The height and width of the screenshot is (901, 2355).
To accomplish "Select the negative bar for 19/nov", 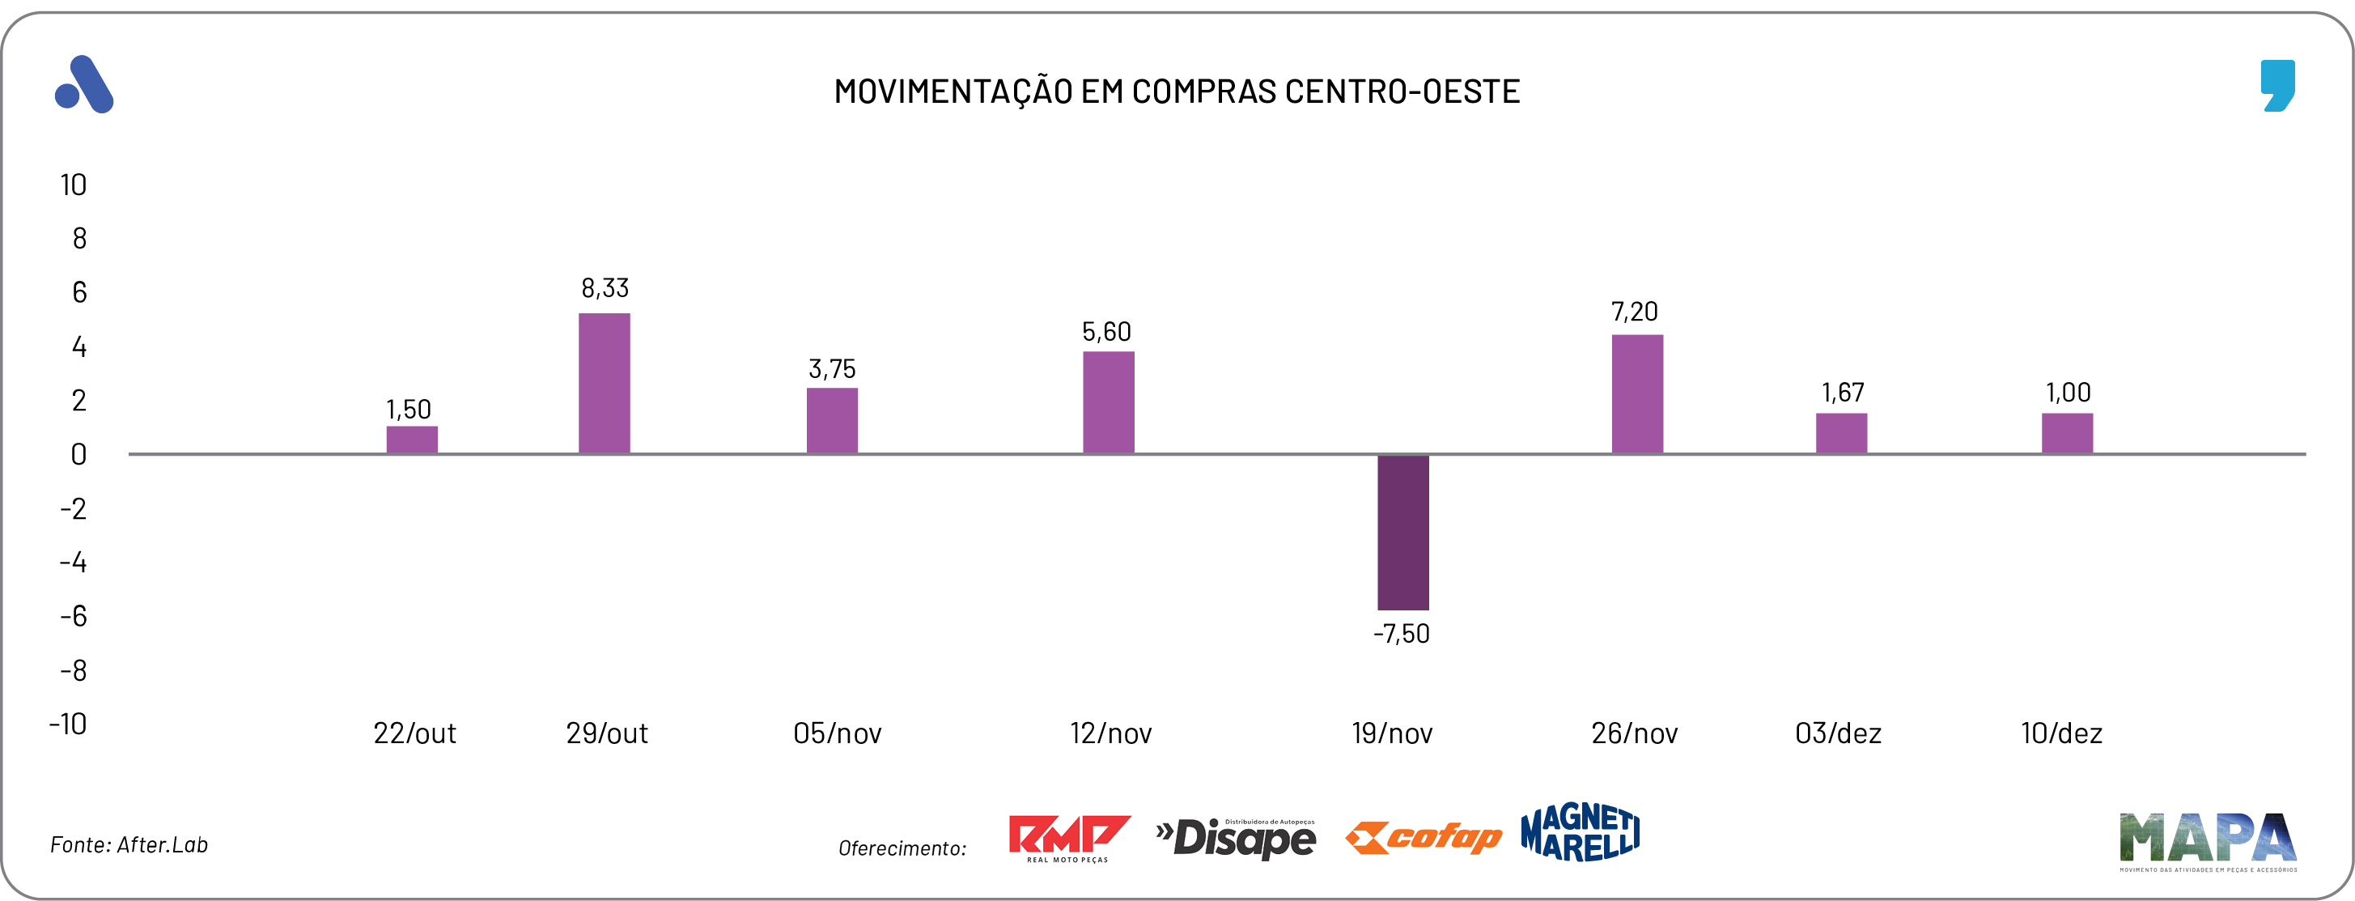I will click(1402, 532).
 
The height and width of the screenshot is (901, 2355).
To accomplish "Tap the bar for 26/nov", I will click(1636, 394).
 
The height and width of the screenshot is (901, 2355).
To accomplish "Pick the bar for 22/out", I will click(411, 440).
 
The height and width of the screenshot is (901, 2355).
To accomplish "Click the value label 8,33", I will click(605, 289).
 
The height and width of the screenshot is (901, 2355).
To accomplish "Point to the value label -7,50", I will click(1401, 634).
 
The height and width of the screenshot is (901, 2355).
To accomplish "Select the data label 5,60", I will click(1106, 332).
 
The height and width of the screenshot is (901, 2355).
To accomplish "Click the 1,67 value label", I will click(1842, 393).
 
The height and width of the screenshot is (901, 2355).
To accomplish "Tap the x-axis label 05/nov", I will click(837, 733).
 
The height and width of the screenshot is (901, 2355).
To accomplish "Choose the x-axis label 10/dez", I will click(2060, 733).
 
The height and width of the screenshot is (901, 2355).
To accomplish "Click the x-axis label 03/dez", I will click(1838, 733).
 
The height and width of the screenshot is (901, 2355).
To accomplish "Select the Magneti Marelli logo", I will click(1580, 832).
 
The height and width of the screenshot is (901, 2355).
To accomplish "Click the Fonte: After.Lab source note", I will click(129, 845).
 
